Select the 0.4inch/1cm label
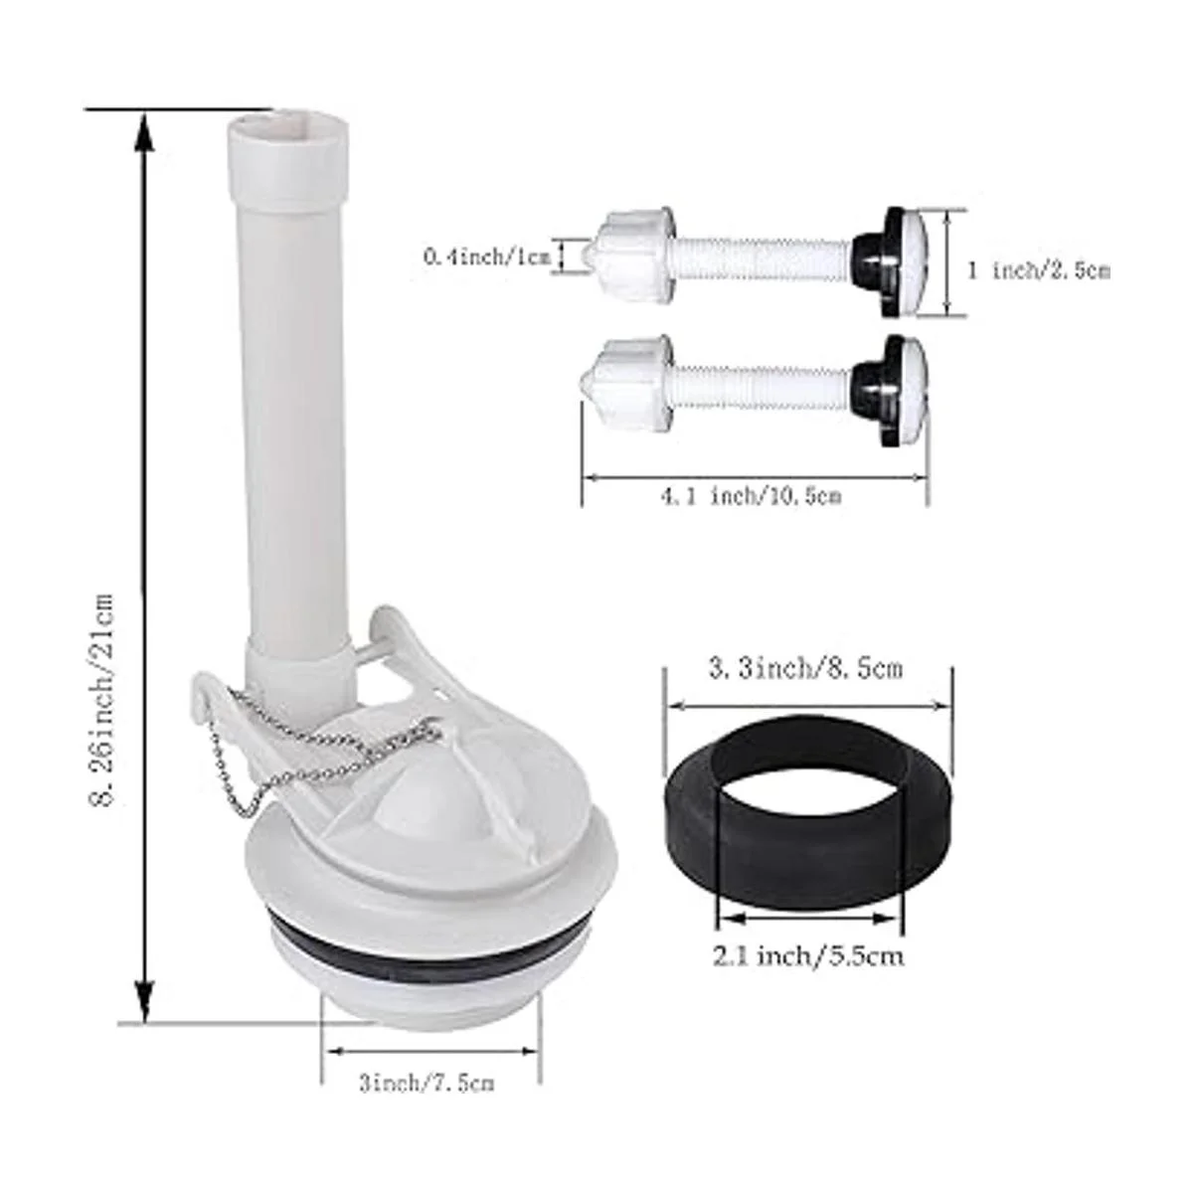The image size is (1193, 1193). coord(486,256)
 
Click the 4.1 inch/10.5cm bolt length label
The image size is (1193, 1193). coord(752,496)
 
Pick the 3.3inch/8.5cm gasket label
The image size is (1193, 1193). coord(805,669)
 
